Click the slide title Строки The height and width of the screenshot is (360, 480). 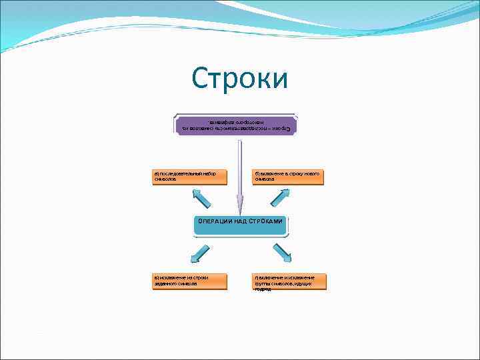tap(240, 79)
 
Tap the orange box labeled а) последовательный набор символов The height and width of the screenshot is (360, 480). tap(189, 177)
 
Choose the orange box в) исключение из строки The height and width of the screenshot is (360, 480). tap(189, 281)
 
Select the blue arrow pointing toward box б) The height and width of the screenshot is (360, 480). tap(280, 197)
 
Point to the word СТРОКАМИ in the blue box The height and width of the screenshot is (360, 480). tap(266, 221)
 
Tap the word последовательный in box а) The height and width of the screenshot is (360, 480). tap(183, 173)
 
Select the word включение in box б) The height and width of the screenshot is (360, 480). tap(271, 173)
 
